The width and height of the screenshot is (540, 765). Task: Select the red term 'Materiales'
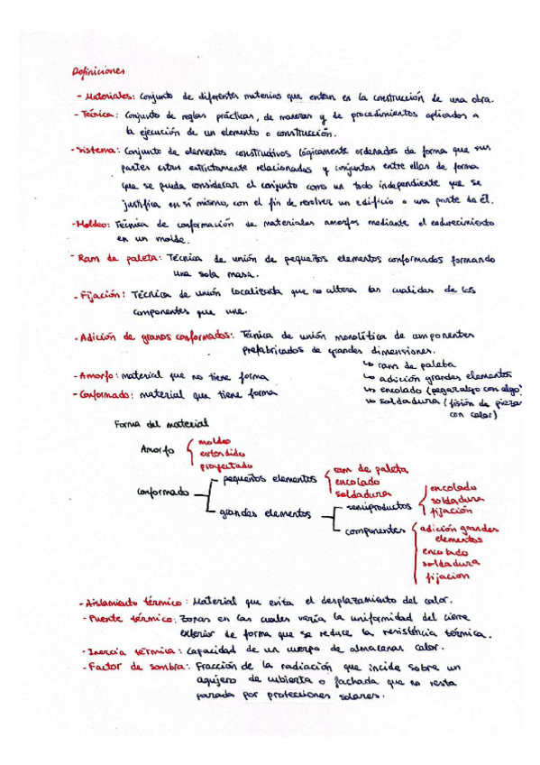pos(107,98)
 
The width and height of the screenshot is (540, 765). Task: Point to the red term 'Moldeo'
pos(93,224)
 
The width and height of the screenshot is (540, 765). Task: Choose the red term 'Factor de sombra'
pos(132,668)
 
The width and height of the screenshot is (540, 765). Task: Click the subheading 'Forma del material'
pos(162,422)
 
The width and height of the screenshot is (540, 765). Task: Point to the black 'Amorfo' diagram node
pos(158,448)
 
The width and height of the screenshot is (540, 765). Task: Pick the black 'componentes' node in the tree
pos(375,530)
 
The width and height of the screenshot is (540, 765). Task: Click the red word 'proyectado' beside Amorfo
pos(225,465)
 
